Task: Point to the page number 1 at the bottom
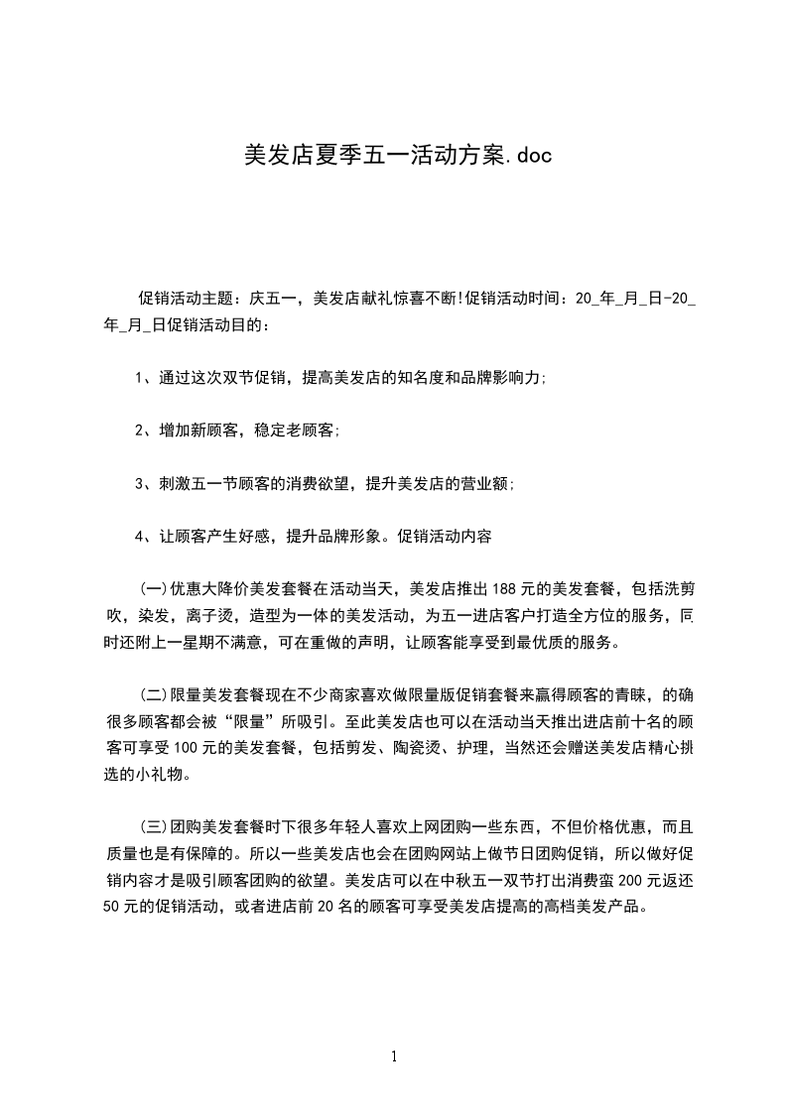[x=394, y=1056]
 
